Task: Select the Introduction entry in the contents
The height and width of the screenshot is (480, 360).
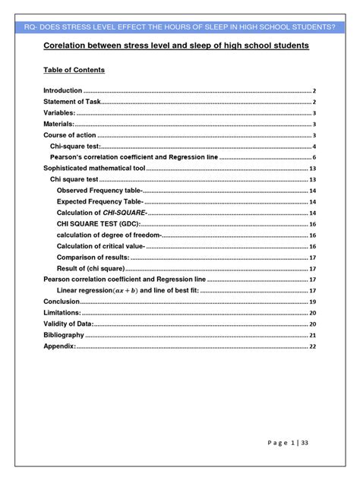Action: click(62, 90)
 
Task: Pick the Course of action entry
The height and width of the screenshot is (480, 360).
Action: click(68, 135)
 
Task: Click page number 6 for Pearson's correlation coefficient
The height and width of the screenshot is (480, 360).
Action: click(313, 157)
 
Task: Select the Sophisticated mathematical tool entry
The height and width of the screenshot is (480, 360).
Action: click(93, 168)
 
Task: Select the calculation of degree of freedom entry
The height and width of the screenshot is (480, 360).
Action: click(109, 235)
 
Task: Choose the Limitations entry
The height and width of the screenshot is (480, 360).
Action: click(62, 313)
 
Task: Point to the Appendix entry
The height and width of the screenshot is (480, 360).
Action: click(59, 346)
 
